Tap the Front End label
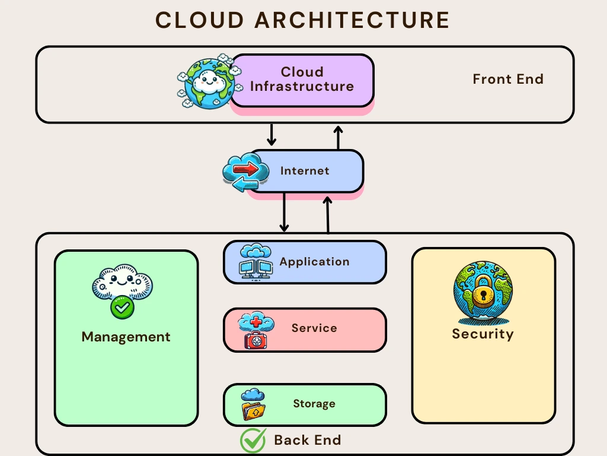pyautogui.click(x=508, y=79)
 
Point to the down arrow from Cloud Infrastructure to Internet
pyautogui.click(x=271, y=135)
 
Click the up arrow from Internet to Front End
pyautogui.click(x=338, y=137)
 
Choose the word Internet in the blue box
pyautogui.click(x=305, y=171)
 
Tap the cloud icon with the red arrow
pyautogui.click(x=241, y=172)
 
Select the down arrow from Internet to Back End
pyautogui.click(x=284, y=212)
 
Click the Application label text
pyautogui.click(x=314, y=262)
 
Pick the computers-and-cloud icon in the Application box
pyautogui.click(x=255, y=262)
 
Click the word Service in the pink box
pyautogui.click(x=314, y=328)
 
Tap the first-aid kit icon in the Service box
pyautogui.click(x=256, y=340)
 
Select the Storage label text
pyautogui.click(x=314, y=404)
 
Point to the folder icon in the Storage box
pyautogui.click(x=253, y=410)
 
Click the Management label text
pyautogui.click(x=126, y=337)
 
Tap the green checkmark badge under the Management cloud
pyautogui.click(x=122, y=307)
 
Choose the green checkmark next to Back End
pyautogui.click(x=253, y=441)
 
